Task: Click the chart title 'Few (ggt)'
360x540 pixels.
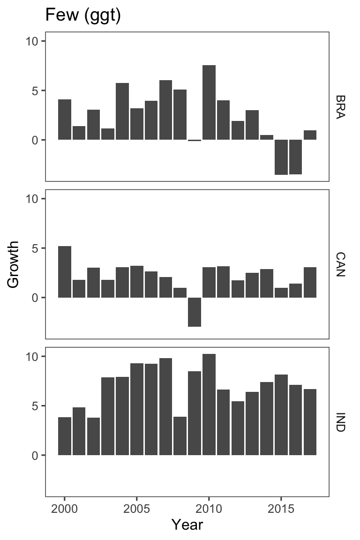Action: [x=83, y=16]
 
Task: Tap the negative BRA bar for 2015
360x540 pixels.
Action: [x=281, y=157]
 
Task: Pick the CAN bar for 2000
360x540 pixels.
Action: [x=65, y=272]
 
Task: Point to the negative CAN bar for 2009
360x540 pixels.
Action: [x=195, y=312]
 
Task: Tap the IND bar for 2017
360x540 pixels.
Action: [x=310, y=422]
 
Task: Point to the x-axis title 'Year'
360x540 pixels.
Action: [x=187, y=524]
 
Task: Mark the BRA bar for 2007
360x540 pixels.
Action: [x=165, y=110]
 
